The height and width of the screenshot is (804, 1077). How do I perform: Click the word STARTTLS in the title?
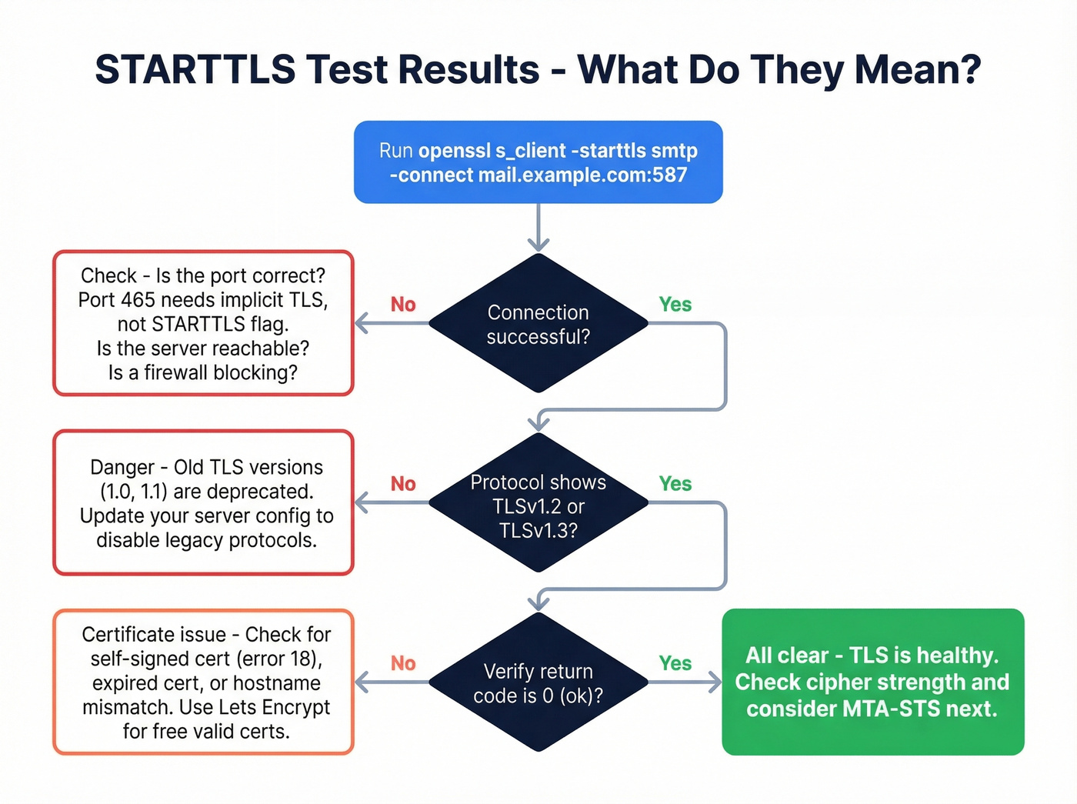[x=195, y=69]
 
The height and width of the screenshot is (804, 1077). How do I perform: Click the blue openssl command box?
[x=538, y=162]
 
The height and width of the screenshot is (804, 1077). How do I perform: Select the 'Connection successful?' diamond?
[x=538, y=324]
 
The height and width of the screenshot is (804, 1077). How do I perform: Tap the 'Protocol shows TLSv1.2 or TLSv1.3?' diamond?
[x=538, y=505]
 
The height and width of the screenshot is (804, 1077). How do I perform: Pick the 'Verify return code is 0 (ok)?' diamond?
[x=538, y=683]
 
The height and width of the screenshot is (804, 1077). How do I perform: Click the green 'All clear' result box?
[x=872, y=682]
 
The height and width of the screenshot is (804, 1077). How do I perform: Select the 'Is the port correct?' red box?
[x=203, y=323]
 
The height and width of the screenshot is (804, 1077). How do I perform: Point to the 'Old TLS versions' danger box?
[x=203, y=503]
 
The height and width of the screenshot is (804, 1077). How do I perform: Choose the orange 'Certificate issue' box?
[x=203, y=682]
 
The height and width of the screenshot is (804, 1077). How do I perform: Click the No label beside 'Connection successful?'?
[x=403, y=305]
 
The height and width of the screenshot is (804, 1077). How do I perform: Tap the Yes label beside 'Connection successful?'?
[x=675, y=305]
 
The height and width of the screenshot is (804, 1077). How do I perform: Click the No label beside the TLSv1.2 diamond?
[x=403, y=484]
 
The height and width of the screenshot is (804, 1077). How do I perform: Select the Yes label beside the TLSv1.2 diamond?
[x=675, y=484]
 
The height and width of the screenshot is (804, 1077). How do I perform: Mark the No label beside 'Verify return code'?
[x=403, y=663]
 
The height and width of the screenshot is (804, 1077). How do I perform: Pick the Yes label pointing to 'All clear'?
[x=675, y=663]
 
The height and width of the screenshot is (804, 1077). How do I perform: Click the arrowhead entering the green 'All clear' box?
[x=715, y=682]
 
